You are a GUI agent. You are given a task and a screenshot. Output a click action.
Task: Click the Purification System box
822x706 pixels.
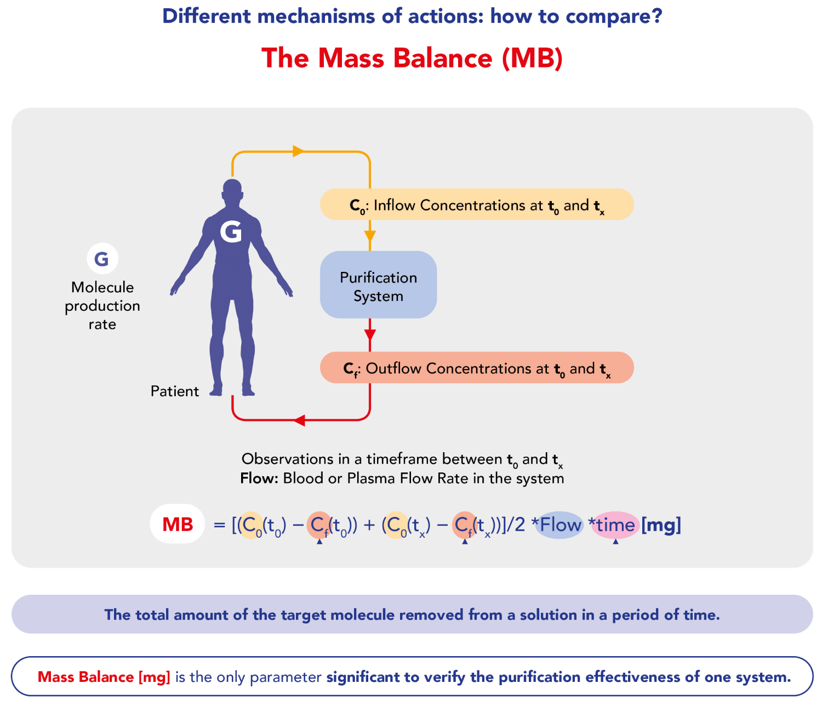[378, 284]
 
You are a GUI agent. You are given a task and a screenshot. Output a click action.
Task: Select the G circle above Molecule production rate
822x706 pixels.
[102, 259]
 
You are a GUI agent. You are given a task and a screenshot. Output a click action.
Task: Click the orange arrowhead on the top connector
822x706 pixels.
[298, 151]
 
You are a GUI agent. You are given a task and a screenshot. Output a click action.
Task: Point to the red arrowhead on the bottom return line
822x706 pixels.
[299, 420]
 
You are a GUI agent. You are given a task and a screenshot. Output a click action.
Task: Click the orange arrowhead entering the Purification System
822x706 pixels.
[370, 236]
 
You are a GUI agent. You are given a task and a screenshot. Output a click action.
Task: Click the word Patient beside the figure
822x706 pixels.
[175, 391]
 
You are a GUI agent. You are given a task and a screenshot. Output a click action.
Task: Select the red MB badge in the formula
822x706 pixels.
[178, 524]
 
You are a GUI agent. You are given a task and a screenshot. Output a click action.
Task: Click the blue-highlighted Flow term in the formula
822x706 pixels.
[560, 525]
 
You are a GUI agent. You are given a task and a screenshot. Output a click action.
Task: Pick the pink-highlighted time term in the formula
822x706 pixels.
[615, 525]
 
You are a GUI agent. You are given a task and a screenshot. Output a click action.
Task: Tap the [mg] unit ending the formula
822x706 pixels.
[661, 526]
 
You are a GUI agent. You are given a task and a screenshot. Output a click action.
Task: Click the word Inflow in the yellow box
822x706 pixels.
[395, 205]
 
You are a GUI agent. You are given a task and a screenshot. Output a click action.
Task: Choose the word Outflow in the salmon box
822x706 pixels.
[393, 368]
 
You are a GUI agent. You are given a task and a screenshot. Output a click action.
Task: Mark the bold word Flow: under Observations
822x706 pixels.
[259, 478]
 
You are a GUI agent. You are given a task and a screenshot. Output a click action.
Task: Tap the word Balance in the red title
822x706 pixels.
[443, 58]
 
